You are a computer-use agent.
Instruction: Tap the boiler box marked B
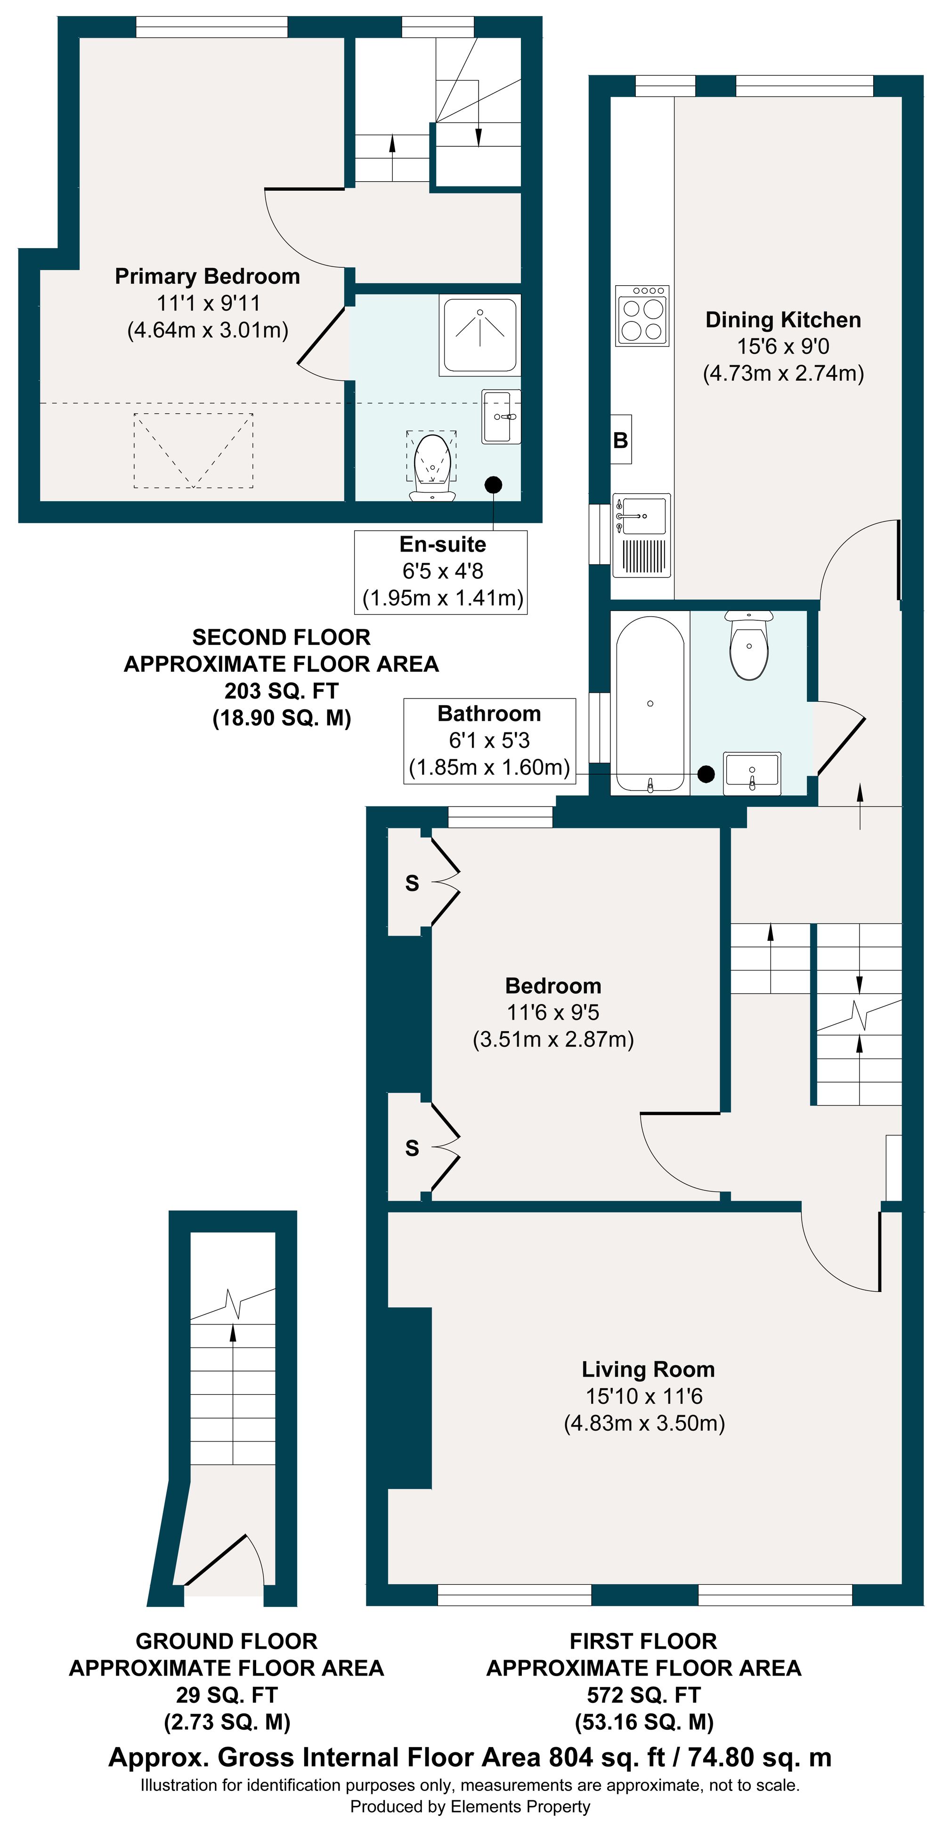[x=621, y=439]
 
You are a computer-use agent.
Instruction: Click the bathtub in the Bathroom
[x=650, y=704]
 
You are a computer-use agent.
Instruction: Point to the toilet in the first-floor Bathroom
[x=749, y=645]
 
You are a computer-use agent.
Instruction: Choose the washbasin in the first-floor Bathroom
[x=752, y=772]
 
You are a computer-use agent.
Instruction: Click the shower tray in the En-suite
[x=480, y=335]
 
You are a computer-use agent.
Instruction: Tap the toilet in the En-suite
[x=432, y=467]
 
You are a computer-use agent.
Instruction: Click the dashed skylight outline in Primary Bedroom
[x=193, y=450]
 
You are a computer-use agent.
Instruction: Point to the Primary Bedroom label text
[x=207, y=276]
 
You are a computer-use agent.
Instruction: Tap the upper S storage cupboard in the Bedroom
[x=411, y=882]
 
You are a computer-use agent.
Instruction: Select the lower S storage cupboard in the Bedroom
[x=411, y=1147]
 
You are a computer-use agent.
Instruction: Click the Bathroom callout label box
[x=489, y=740]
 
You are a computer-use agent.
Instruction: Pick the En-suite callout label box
[x=441, y=571]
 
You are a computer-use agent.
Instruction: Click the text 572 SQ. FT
[x=643, y=1695]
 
